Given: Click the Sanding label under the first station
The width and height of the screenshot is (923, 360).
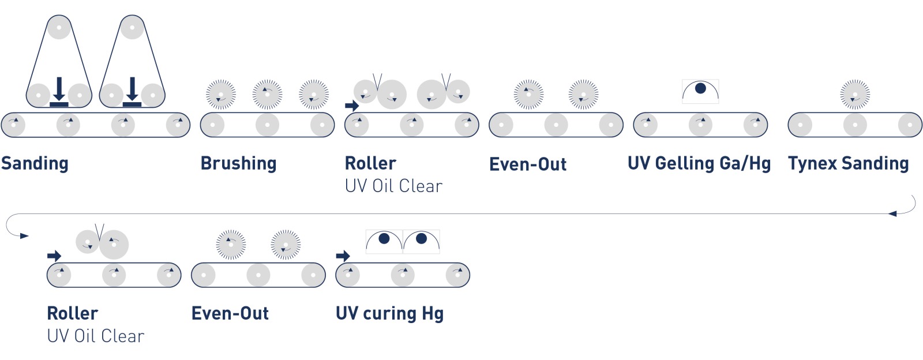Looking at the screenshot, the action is click(x=35, y=164).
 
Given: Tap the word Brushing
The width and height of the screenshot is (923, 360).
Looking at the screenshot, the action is click(x=239, y=164).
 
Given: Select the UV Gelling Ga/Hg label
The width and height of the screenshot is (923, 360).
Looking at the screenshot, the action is click(x=699, y=163).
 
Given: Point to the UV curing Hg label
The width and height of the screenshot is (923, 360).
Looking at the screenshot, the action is click(x=390, y=314).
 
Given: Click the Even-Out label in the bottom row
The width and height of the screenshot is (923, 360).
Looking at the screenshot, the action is click(x=230, y=313).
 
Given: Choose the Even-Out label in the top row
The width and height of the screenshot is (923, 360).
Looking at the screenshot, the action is click(x=528, y=164).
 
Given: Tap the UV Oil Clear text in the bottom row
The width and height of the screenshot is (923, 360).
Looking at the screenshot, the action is click(x=96, y=336).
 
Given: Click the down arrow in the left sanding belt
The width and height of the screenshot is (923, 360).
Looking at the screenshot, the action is click(x=59, y=91).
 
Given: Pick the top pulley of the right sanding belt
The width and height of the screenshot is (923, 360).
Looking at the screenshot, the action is click(x=132, y=27).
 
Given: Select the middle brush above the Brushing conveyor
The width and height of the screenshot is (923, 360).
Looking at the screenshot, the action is click(x=268, y=94).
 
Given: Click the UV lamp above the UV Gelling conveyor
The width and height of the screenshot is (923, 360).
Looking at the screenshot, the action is click(x=700, y=91).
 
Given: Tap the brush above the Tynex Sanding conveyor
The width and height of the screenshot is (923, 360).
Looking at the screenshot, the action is click(x=855, y=94).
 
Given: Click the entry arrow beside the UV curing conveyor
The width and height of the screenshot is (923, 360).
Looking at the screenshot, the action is click(x=343, y=256).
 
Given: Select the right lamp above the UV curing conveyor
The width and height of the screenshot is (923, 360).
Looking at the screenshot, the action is click(x=421, y=241).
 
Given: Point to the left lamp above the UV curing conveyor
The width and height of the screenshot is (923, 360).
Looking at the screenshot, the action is click(x=384, y=241).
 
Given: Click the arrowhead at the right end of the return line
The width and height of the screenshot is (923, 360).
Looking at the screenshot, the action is click(x=892, y=214).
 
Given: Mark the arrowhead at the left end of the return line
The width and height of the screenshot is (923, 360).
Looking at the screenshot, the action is click(x=24, y=236).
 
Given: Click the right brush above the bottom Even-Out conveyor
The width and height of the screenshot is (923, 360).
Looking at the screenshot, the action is click(x=286, y=245).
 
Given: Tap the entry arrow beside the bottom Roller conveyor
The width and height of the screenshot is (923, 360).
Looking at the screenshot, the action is click(x=54, y=256).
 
